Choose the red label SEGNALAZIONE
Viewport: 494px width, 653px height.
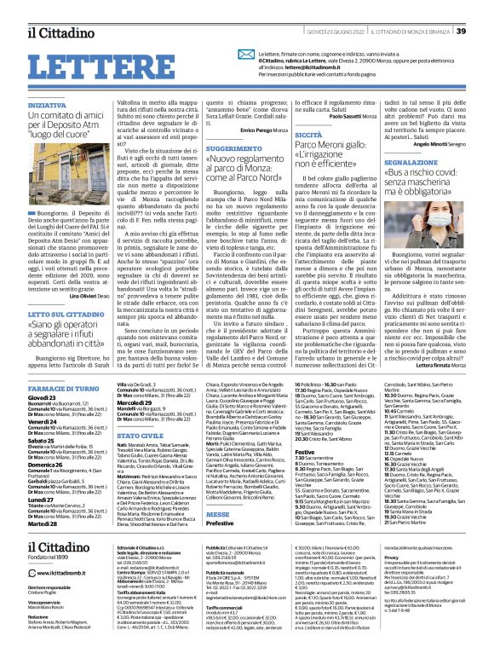pos(412,161)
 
